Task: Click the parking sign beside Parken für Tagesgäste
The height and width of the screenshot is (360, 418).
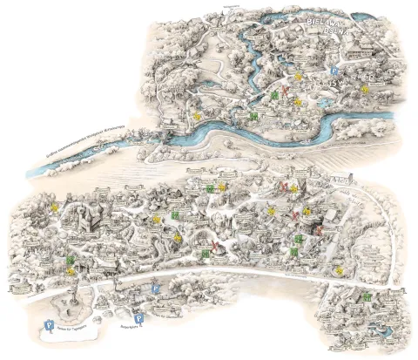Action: (49, 326)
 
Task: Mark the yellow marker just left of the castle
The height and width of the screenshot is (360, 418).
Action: (54, 207)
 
